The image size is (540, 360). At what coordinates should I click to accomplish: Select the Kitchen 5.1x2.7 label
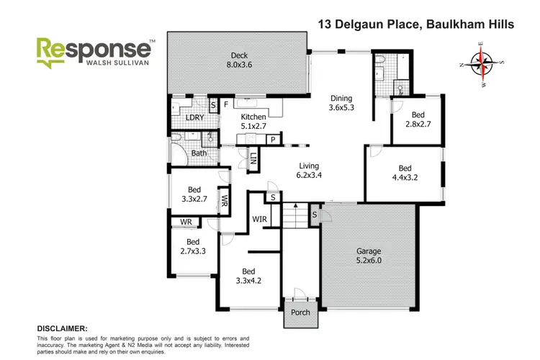click(x=253, y=122)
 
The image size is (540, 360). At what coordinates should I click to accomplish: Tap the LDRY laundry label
click(x=194, y=118)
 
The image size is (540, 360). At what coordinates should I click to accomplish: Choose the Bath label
click(x=199, y=153)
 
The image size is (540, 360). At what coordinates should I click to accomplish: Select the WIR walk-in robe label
click(x=260, y=218)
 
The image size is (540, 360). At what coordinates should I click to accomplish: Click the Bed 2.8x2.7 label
click(x=418, y=120)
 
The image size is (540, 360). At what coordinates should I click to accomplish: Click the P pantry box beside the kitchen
click(x=273, y=139)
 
